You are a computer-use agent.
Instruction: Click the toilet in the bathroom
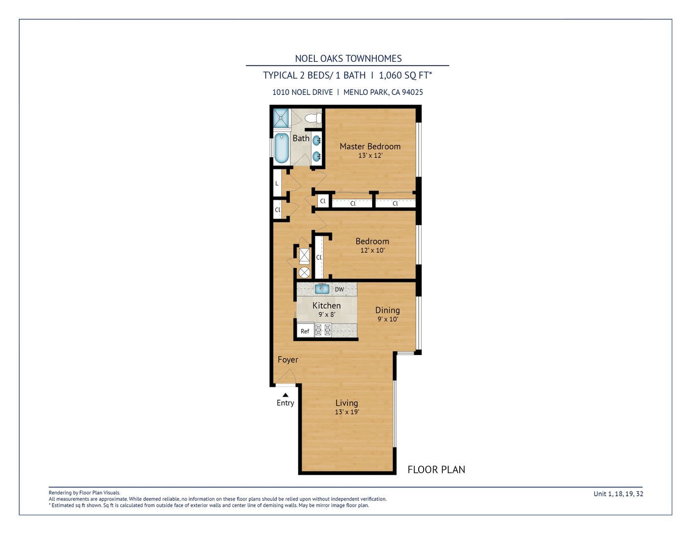pyautogui.click(x=313, y=118)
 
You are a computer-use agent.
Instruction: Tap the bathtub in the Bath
pyautogui.click(x=281, y=148)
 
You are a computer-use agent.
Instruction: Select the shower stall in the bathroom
pyautogui.click(x=281, y=118)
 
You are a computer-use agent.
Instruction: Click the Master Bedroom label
pyautogui.click(x=370, y=146)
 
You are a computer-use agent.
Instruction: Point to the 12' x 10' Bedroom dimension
pyautogui.click(x=372, y=250)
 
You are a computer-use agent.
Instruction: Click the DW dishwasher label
pyautogui.click(x=339, y=289)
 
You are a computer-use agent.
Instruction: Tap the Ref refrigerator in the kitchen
pyautogui.click(x=305, y=331)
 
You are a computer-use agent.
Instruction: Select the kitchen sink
pyautogui.click(x=322, y=288)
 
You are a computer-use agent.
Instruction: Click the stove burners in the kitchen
pyautogui.click(x=323, y=330)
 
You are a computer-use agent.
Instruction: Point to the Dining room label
pyautogui.click(x=388, y=311)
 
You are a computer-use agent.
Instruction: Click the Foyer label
pyautogui.click(x=288, y=360)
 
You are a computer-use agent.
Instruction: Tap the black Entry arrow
pyautogui.click(x=286, y=395)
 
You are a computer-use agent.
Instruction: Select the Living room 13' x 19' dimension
pyautogui.click(x=347, y=412)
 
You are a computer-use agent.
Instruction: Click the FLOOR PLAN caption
pyautogui.click(x=436, y=470)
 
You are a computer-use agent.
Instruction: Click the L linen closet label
pyautogui.click(x=277, y=183)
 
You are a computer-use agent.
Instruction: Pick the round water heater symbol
pyautogui.click(x=304, y=272)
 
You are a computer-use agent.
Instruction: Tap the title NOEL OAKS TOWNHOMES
pyautogui.click(x=348, y=58)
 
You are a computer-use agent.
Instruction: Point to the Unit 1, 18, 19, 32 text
pyautogui.click(x=618, y=494)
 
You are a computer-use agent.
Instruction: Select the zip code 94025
pyautogui.click(x=412, y=92)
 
